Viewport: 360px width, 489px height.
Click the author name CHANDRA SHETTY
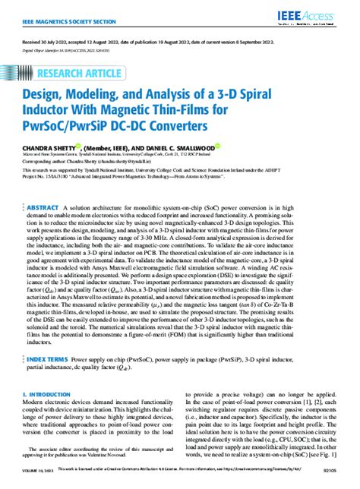[x=54, y=149]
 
